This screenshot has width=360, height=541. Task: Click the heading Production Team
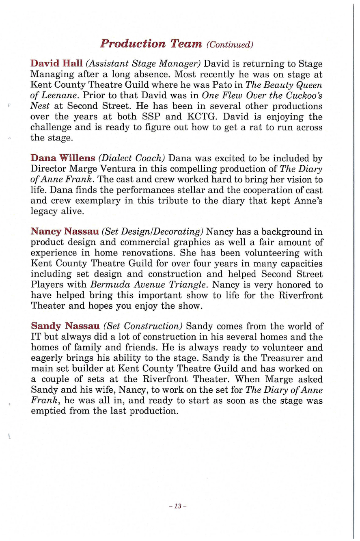click(151, 43)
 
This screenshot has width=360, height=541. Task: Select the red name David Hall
click(56, 64)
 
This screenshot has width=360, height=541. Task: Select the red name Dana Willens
click(60, 158)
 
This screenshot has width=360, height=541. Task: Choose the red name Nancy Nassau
click(65, 232)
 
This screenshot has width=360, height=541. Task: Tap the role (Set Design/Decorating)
click(153, 232)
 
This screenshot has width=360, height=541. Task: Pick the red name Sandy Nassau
click(65, 326)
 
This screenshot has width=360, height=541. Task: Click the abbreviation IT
click(37, 337)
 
